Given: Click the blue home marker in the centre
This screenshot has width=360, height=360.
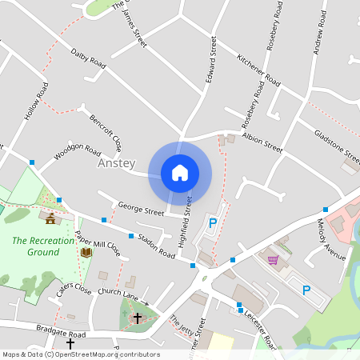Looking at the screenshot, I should click(180, 173).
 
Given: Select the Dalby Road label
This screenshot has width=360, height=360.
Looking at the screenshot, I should click(89, 57).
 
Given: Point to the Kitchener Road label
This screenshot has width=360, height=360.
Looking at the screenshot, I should click(258, 71).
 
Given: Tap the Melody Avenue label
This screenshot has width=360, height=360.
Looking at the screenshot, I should click(331, 239).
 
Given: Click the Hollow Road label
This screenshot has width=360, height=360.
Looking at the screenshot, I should click(37, 102).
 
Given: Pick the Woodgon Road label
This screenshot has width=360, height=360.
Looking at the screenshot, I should click(78, 152).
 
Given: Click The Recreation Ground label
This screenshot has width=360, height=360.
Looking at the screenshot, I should click(36, 246).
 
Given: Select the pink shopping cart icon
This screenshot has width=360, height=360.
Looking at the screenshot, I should click(274, 259).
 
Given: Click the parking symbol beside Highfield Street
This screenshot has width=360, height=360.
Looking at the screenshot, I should click(212, 224).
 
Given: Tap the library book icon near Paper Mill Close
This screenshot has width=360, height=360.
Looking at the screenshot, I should click(86, 253).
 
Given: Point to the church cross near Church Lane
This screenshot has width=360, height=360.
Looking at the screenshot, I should click(137, 318).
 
